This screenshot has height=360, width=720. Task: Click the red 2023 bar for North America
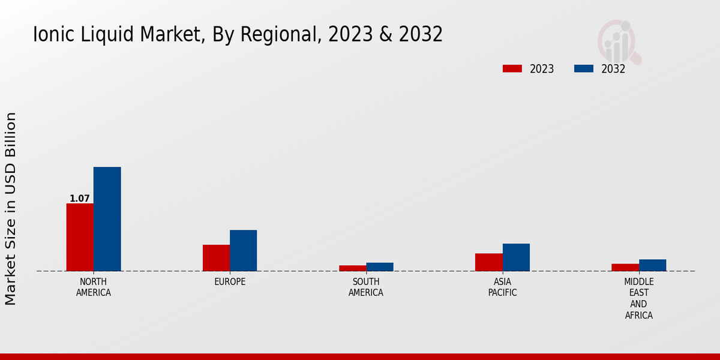pyautogui.click(x=80, y=237)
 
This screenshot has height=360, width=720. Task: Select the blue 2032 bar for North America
pyautogui.click(x=107, y=219)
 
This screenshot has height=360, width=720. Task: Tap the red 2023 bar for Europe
pyautogui.click(x=216, y=257)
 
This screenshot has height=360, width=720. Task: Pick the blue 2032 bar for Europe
pyautogui.click(x=243, y=250)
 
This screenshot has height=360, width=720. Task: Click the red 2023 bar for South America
pyautogui.click(x=352, y=268)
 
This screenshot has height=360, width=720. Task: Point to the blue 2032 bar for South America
pyautogui.click(x=380, y=267)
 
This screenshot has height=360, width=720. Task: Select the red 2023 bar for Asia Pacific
pyautogui.click(x=488, y=262)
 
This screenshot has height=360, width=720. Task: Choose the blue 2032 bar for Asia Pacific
pyautogui.click(x=516, y=257)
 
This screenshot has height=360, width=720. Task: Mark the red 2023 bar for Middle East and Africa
pyautogui.click(x=625, y=267)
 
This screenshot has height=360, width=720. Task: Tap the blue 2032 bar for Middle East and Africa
pyautogui.click(x=652, y=265)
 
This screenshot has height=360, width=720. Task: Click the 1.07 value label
pyautogui.click(x=80, y=199)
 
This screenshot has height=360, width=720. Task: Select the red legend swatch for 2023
pyautogui.click(x=512, y=68)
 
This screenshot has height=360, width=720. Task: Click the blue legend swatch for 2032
pyautogui.click(x=583, y=68)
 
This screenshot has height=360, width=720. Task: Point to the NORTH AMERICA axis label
pyautogui.click(x=94, y=287)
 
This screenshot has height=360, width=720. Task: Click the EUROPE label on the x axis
pyautogui.click(x=230, y=282)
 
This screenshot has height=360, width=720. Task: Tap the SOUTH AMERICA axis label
pyautogui.click(x=366, y=287)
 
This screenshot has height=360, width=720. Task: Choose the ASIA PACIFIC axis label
pyautogui.click(x=502, y=287)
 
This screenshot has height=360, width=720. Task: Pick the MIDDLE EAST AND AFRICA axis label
pyautogui.click(x=639, y=298)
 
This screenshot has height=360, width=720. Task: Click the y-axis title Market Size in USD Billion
pyautogui.click(x=11, y=208)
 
